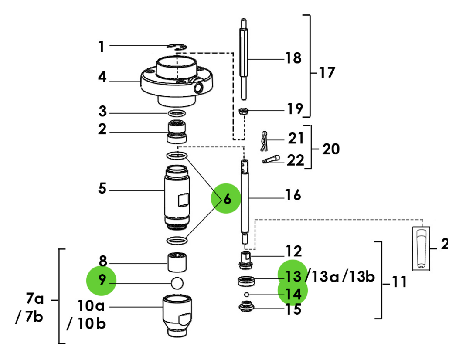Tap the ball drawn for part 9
click(177, 282)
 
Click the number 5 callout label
click(102, 190)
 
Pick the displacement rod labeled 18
click(245, 59)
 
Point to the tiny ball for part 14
click(246, 295)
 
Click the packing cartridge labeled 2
click(177, 132)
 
